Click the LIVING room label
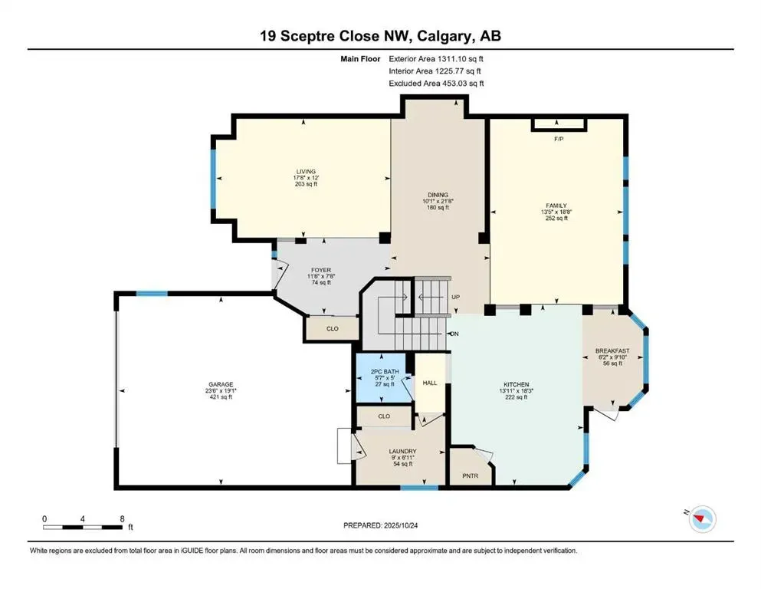[307, 172]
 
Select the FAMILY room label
[556, 206]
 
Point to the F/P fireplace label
[559, 139]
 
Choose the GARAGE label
[220, 384]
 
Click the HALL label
[430, 383]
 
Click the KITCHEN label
[517, 384]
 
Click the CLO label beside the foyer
[332, 328]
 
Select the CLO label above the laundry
[384, 416]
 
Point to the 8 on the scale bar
[122, 518]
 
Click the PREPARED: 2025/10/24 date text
[380, 525]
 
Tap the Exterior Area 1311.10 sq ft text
[436, 58]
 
